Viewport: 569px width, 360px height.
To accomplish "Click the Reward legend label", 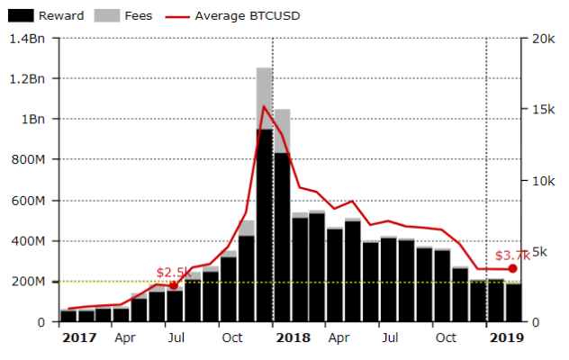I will coord(60,15).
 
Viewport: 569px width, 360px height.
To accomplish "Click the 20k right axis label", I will coord(542,39).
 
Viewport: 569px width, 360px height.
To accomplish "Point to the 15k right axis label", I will coord(542,110).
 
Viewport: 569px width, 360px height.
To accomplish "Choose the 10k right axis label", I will coord(542,181).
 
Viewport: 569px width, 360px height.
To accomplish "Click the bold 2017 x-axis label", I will coord(79,337).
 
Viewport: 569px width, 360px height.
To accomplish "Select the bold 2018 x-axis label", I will coord(294,337).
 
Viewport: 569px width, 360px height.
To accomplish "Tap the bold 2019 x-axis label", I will coord(507,337).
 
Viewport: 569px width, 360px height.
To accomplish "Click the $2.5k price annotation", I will coord(173,272).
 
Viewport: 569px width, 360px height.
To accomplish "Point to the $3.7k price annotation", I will coord(512,255).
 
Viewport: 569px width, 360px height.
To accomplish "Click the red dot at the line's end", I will coord(513,269).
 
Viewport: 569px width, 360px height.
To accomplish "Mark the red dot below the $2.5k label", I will coord(174,285).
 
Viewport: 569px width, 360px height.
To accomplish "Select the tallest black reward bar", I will coord(264,225).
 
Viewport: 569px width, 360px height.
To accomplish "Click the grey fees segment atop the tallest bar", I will coord(264,98).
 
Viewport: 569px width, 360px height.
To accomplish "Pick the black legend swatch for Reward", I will coord(23,15).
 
